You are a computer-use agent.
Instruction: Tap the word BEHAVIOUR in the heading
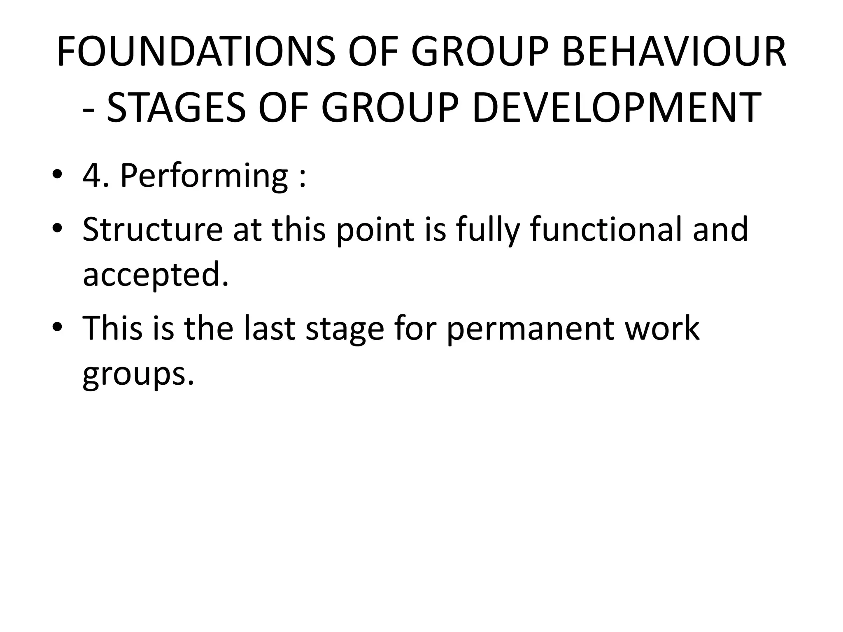674,52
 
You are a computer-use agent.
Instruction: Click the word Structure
153,229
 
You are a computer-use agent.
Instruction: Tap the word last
269,328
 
